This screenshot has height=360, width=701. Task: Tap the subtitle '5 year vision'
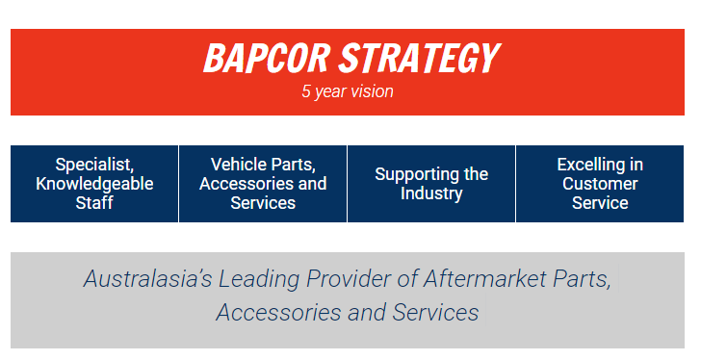[348, 93]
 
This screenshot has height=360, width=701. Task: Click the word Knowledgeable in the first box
[94, 184]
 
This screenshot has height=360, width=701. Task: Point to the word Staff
[94, 203]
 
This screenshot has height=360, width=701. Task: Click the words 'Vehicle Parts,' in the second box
[263, 165]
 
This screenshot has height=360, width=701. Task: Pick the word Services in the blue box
[263, 203]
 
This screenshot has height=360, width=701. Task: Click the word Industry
[431, 193]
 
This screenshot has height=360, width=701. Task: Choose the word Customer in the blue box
[600, 184]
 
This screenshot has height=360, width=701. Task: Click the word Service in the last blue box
[600, 203]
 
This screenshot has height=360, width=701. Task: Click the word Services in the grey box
[435, 313]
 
